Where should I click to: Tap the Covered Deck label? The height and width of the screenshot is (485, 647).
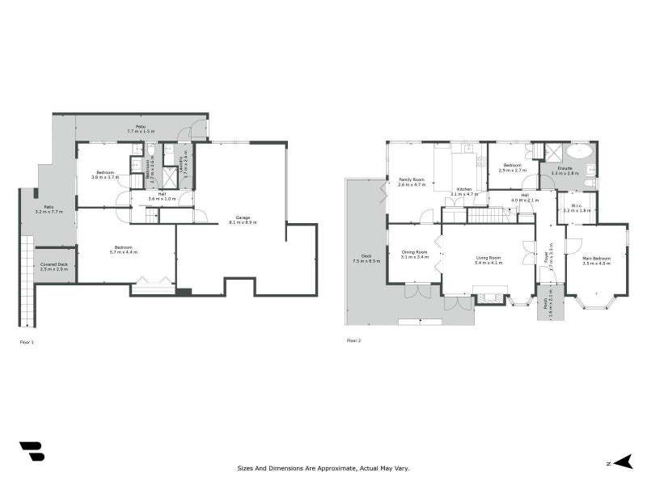[x=55, y=266]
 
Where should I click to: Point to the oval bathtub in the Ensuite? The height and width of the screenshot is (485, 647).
[x=579, y=152]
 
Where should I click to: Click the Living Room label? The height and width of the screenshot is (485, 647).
[x=488, y=260]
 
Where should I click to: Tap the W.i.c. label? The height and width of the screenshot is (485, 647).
[x=577, y=208]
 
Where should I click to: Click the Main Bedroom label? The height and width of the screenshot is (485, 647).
[x=597, y=260]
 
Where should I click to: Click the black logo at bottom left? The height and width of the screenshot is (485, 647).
[x=32, y=451]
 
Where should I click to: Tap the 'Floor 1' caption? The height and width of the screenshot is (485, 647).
[x=27, y=342]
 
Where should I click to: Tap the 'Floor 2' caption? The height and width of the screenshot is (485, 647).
[x=353, y=341]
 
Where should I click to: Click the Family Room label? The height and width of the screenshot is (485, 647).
[x=412, y=182]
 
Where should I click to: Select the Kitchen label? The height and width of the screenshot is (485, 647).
[x=463, y=192]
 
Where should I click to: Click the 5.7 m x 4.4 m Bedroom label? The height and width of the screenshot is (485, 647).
[x=125, y=250]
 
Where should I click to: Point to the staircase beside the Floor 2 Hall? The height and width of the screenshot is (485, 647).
[x=487, y=214]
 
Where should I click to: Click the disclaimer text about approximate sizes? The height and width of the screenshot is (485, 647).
[x=323, y=467]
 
